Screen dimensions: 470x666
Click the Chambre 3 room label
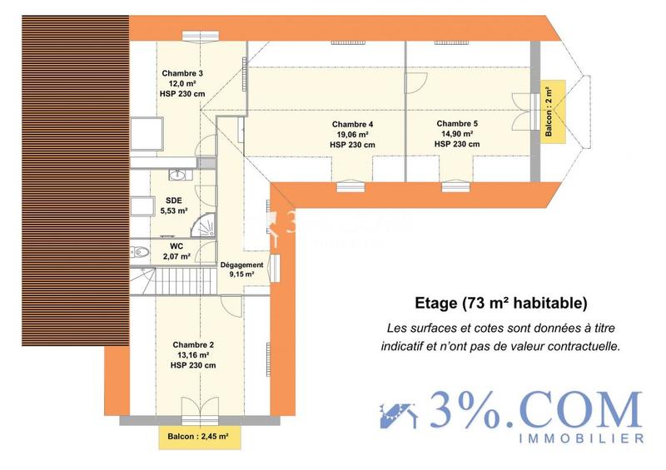coord(182,72)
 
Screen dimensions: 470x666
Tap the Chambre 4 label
coord(352,124)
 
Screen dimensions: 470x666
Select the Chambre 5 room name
coord(457,123)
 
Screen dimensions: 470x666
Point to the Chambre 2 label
coord(193,344)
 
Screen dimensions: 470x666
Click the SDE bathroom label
coord(174,200)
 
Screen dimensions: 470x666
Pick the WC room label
coord(176,246)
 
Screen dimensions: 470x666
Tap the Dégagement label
coord(242,265)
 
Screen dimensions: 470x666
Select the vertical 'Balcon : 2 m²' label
coord(549,111)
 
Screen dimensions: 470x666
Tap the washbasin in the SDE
coord(176,175)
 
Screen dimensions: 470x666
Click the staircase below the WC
coord(182,279)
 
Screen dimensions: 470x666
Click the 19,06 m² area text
coord(352,134)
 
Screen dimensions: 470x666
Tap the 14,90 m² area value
coord(457,133)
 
